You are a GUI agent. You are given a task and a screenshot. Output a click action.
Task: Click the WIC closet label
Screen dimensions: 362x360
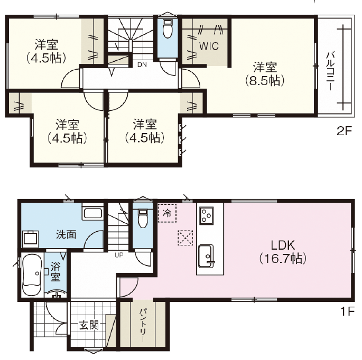[209, 46]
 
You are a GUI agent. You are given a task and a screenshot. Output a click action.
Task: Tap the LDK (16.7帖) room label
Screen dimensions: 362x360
[283, 252]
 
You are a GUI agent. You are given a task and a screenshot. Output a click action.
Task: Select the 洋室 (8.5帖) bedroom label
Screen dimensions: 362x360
[265, 74]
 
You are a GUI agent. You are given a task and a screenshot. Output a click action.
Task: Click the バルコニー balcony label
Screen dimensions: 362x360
[330, 71]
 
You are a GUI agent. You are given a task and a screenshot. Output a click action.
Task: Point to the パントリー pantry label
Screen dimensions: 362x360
[143, 325]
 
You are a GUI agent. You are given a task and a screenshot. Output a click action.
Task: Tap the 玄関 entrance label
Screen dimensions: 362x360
[89, 325]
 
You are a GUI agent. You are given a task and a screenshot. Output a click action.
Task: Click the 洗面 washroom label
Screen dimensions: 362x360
[66, 234]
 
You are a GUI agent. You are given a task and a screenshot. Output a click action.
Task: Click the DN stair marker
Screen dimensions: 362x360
[142, 65]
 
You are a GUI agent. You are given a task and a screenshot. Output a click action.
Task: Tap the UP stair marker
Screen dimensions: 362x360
[119, 255]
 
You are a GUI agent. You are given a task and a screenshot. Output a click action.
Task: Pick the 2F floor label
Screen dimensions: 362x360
[344, 131]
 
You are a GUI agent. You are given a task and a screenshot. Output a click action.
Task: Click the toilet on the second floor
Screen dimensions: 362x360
[168, 29]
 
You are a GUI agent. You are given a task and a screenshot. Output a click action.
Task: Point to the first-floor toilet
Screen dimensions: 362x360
[143, 218]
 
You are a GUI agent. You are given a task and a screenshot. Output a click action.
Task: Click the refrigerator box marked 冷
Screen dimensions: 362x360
[167, 213]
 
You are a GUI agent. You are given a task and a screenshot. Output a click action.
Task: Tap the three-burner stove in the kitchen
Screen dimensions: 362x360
[207, 216]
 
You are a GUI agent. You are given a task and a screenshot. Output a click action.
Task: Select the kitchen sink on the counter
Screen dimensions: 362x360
[206, 256]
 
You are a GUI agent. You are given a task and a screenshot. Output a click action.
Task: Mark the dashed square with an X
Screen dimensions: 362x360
[185, 238]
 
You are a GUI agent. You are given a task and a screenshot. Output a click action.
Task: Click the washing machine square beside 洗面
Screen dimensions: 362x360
[30, 240]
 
